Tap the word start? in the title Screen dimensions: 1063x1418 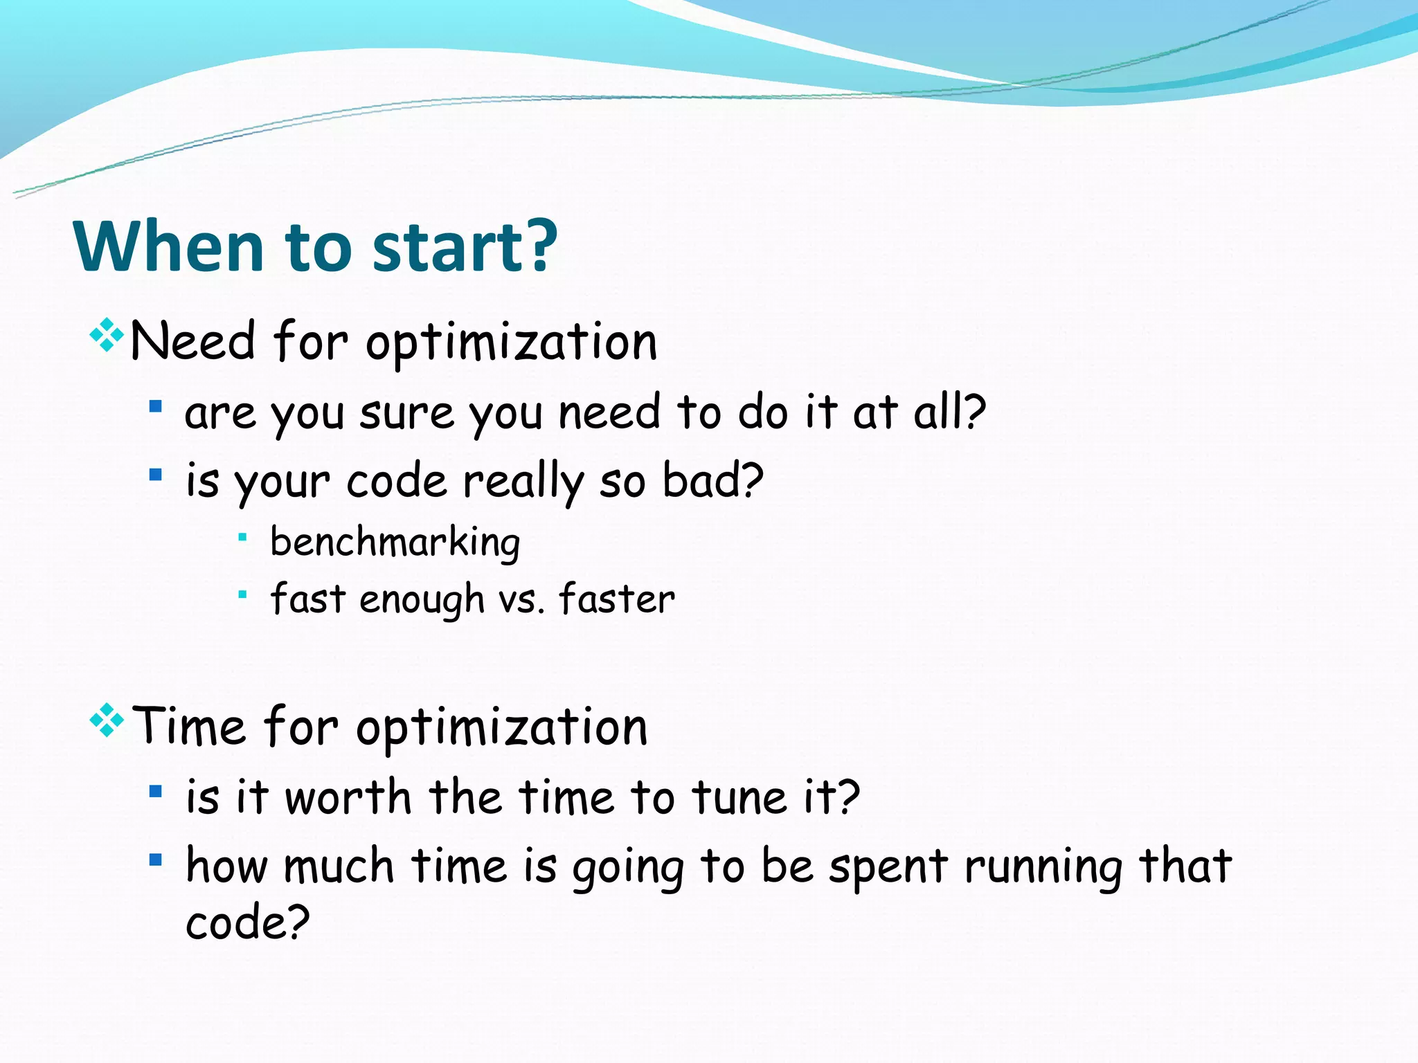[465, 247]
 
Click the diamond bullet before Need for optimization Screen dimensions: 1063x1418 [107, 336]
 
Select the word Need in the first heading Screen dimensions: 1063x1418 [192, 341]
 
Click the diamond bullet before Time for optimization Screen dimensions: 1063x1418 [107, 720]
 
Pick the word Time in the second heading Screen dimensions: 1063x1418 [188, 727]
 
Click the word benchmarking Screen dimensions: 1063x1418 [395, 543]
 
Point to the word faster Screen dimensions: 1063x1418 [616, 599]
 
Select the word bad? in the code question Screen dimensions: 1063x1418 [712, 480]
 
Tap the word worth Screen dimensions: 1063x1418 [348, 797]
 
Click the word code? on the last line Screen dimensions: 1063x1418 [247, 923]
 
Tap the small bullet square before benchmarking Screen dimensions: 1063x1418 [242, 537]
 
